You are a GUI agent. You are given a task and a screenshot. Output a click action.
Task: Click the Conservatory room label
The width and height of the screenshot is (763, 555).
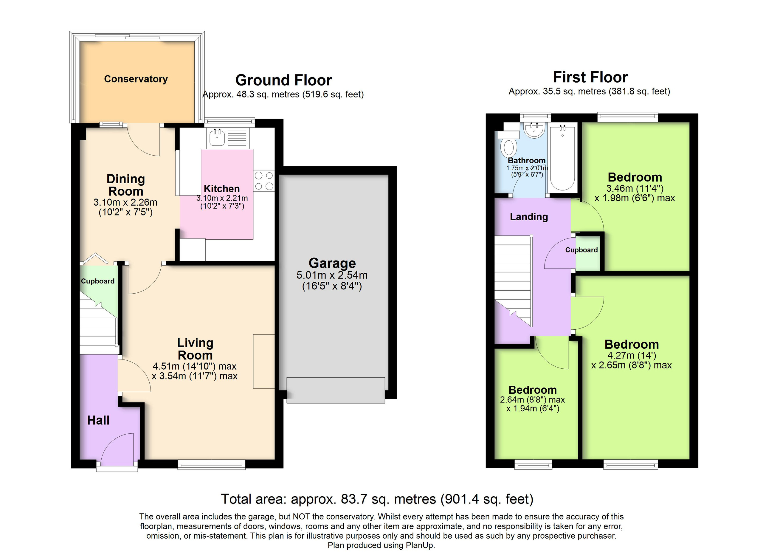coord(136,79)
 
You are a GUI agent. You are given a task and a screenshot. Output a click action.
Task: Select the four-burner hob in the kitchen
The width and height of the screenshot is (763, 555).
coord(264,181)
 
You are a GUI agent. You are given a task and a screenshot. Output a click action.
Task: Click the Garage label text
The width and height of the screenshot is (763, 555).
coord(332,263)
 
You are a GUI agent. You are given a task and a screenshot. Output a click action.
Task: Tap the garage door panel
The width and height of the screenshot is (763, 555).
coord(335,390)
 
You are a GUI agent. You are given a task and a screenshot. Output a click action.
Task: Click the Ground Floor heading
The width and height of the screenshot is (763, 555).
coord(284,80)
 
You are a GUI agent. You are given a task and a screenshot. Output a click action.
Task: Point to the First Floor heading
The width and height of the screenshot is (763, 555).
coord(590,77)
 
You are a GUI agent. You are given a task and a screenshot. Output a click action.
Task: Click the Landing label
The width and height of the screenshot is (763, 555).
coord(529,217)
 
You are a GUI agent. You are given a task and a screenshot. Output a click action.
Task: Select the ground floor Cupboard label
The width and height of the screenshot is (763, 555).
coord(97,281)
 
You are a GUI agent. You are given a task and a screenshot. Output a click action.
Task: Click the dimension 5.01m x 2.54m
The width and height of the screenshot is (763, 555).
coord(332,275)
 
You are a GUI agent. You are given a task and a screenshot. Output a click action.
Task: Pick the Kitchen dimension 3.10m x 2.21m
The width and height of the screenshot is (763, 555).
coord(222,198)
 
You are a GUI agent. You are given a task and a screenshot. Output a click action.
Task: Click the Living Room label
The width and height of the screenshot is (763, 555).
coord(195,349)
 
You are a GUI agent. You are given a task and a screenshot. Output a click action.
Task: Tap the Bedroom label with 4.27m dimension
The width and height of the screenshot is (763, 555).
coord(632,345)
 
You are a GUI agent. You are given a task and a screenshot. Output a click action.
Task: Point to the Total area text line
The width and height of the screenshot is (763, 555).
coord(377,499)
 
